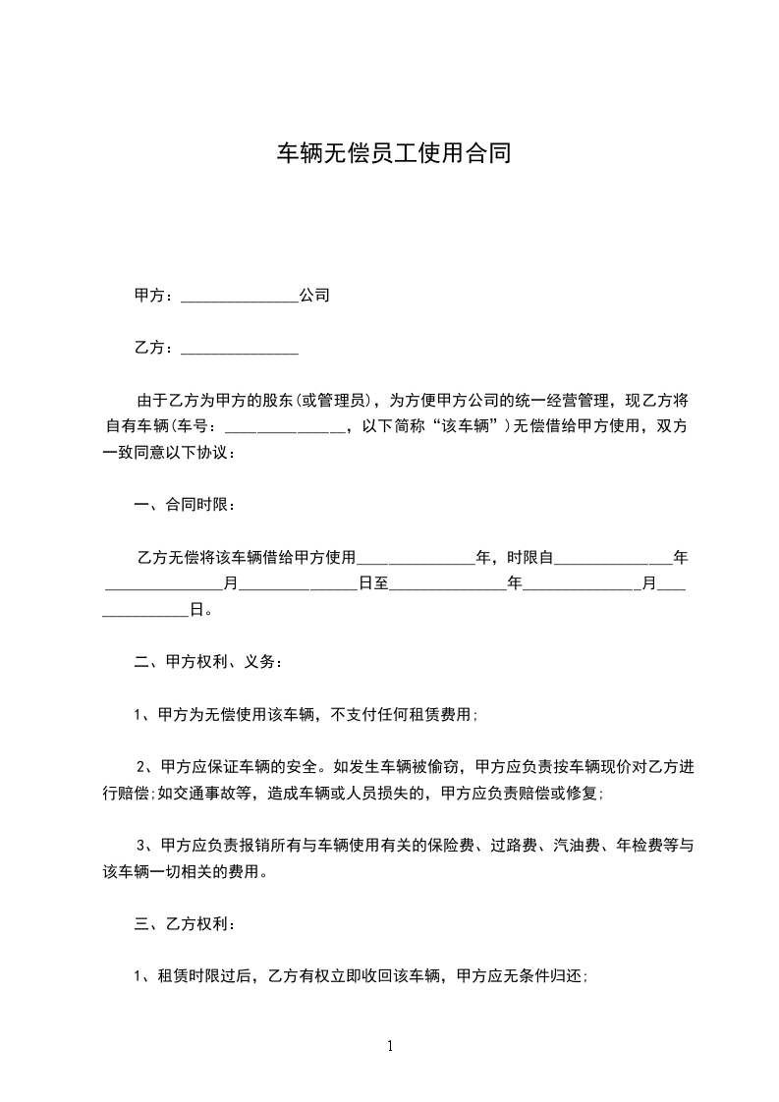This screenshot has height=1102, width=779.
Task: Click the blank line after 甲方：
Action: click(240, 297)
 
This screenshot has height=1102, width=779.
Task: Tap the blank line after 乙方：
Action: click(240, 349)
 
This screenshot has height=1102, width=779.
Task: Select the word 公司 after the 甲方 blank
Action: click(314, 295)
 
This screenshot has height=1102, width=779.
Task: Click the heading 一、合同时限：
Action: click(185, 505)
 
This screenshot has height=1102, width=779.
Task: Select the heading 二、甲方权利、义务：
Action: click(209, 662)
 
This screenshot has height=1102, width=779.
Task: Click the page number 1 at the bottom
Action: click(390, 1047)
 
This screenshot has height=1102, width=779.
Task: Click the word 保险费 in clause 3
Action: click(467, 845)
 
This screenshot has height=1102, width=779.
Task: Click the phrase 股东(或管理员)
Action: click(319, 401)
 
